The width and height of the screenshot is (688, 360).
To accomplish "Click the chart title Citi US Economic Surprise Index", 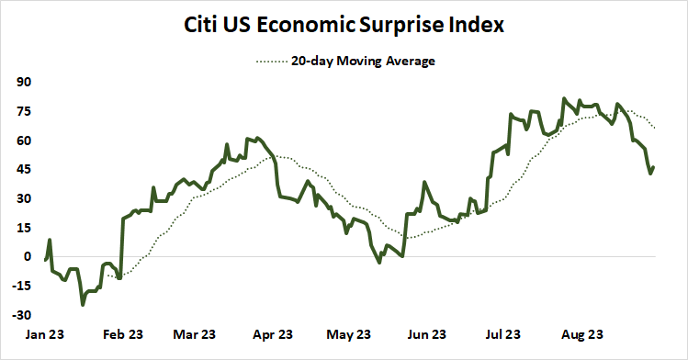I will click(x=344, y=26).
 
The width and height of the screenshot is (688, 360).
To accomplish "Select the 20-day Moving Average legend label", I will click(x=363, y=62).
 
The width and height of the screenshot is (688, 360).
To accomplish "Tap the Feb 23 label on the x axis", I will click(x=121, y=334).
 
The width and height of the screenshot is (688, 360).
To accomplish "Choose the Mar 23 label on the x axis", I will click(x=194, y=334).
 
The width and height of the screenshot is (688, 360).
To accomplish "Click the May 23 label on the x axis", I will click(x=347, y=334).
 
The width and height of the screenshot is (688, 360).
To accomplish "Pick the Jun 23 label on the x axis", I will click(x=425, y=334).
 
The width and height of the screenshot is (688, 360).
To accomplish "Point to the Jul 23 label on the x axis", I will click(x=502, y=334).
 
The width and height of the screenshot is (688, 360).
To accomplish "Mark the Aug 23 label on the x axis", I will click(x=581, y=334).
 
